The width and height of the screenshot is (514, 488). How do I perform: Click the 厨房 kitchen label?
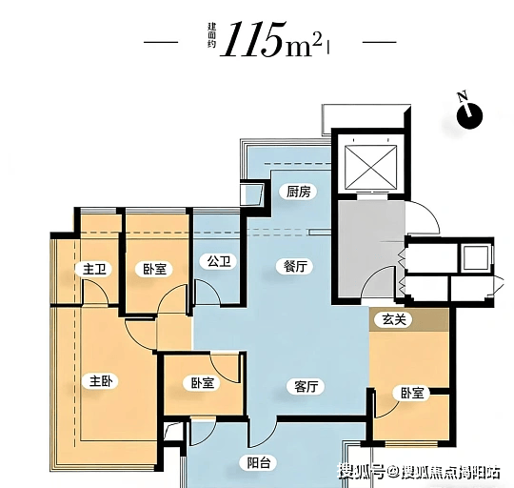[x=298, y=192]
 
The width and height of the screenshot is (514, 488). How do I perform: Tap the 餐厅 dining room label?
[x=296, y=266]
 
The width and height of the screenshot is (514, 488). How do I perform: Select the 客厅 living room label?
[x=306, y=386]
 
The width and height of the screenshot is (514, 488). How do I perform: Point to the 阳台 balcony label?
[x=259, y=462]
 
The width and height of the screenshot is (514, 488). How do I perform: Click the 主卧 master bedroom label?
[x=101, y=381]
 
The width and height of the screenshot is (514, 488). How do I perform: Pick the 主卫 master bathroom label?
[x=95, y=270]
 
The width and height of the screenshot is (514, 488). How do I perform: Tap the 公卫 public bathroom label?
[x=219, y=261]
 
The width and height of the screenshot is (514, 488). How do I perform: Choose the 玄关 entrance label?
[x=395, y=319]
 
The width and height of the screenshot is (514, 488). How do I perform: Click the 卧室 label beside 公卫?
[x=155, y=269]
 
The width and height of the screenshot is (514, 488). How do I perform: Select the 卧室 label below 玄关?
[x=412, y=393]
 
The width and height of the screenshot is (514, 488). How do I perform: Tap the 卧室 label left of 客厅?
[x=203, y=383]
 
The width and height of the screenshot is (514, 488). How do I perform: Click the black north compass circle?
[x=470, y=116]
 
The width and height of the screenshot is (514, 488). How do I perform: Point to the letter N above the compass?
[x=463, y=96]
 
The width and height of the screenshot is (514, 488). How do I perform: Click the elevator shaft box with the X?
[x=371, y=168]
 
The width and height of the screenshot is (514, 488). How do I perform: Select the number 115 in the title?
[x=253, y=39]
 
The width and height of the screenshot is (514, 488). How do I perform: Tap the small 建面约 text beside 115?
[x=212, y=35]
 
